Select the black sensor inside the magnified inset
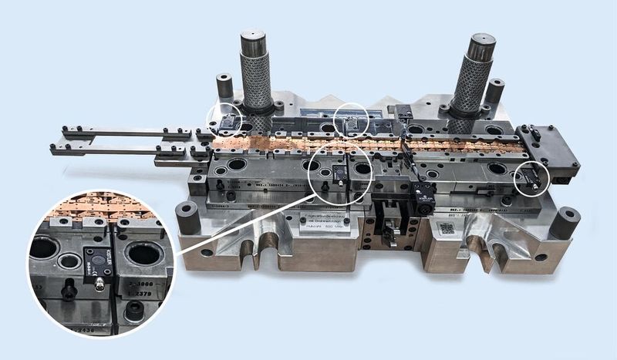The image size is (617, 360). point(98,263)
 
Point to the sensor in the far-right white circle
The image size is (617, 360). point(531,180)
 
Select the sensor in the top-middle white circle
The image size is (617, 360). point(351,123)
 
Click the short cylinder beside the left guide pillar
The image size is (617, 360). point(224,85)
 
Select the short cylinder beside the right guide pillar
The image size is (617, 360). point(494,89)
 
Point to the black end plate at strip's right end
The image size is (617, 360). point(551,147)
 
